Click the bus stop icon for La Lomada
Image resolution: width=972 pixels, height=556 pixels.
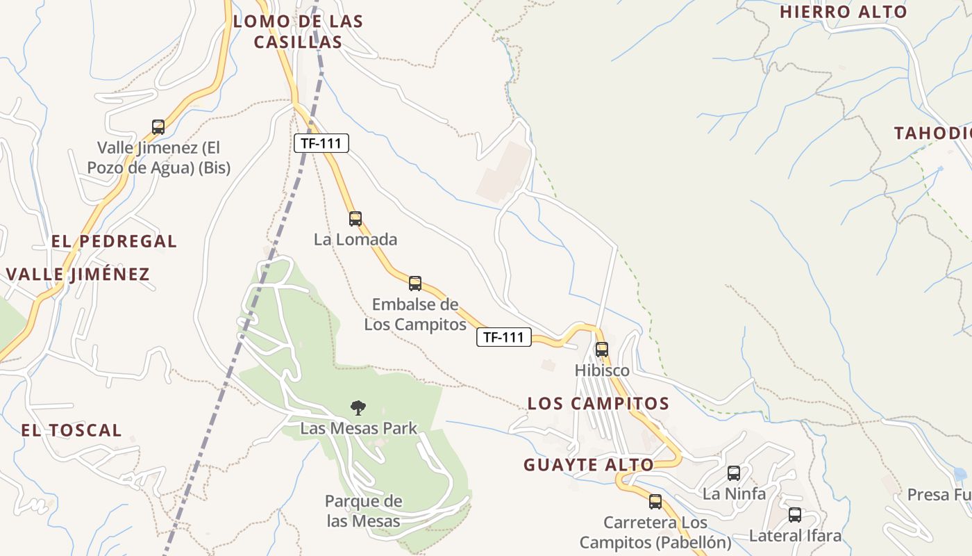[355, 219]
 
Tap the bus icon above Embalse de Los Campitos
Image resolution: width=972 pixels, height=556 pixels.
[415, 283]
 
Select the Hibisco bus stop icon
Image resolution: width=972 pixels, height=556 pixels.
[602, 349]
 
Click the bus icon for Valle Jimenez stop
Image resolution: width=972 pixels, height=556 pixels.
[158, 127]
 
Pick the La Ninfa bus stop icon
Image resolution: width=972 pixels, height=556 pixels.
[734, 473]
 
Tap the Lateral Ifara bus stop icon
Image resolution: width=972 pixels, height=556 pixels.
[795, 515]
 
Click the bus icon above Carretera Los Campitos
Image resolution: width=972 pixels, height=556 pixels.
[655, 502]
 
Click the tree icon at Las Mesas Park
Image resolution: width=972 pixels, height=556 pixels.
[358, 407]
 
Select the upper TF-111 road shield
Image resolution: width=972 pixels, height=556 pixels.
[321, 143]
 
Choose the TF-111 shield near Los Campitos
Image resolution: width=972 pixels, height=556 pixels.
[503, 338]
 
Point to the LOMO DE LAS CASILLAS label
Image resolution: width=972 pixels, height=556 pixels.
[298, 31]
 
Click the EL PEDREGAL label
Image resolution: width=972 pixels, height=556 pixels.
[114, 241]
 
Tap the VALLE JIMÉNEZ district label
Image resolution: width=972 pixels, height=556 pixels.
[78, 274]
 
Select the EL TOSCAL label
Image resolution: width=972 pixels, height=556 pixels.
[71, 430]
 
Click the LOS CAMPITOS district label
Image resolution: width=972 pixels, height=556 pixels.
[598, 403]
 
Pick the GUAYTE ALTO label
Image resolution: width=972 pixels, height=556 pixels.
[589, 465]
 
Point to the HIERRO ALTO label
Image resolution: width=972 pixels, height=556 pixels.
[843, 12]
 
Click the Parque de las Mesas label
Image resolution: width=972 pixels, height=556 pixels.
[363, 511]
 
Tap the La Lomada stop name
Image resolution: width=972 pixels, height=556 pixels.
[355, 240]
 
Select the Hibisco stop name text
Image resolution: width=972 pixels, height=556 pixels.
[602, 370]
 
